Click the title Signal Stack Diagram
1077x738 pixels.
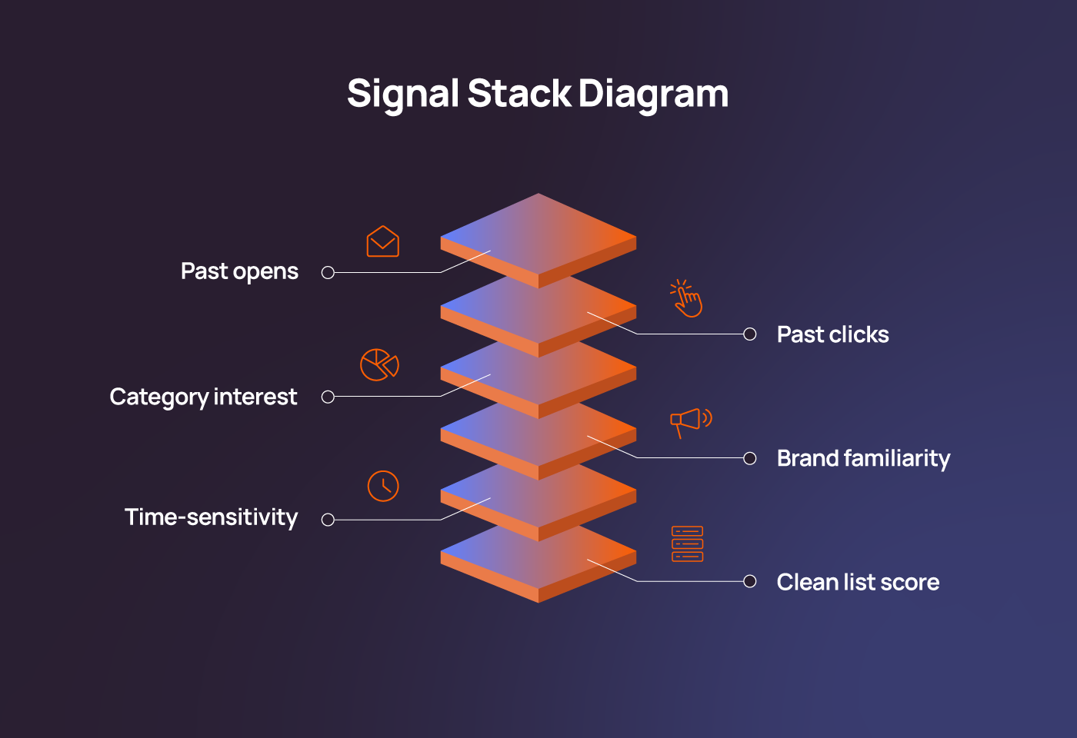538,94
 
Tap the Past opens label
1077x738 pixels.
239,271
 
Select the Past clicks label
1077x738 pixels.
832,334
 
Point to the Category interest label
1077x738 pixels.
203,397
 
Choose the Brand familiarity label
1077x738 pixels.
863,458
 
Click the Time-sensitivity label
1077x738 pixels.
211,517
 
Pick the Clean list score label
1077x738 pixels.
858,582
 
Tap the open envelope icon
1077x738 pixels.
382,241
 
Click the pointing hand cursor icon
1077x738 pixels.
686,298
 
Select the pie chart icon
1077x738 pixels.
379,364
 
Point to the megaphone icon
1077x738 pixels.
690,421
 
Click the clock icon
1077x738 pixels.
383,486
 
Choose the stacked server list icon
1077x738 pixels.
687,544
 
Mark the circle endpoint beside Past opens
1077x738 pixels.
328,272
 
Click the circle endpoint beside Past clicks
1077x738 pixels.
750,334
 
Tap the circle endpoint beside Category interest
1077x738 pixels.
328,397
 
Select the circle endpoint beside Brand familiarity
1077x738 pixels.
750,458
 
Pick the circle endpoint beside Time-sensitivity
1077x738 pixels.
328,520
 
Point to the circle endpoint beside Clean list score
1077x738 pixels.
750,581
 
